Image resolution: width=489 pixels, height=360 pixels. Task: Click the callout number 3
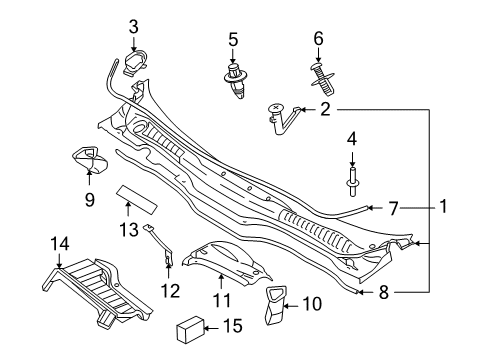coord(133,27)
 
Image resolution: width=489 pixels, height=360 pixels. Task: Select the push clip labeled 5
coord(236,80)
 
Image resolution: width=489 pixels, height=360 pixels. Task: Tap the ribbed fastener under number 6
coord(322,78)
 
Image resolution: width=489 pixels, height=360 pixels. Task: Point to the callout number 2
coord(325,109)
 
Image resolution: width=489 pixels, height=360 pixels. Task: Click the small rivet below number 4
coord(353,183)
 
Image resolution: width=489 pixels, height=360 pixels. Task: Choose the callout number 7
coord(393,208)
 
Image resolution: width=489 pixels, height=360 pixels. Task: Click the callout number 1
coord(443,207)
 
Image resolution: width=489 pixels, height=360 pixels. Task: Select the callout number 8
coord(384,292)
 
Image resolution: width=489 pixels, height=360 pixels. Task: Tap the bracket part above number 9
coord(90,161)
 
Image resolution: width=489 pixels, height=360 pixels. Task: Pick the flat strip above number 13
coord(137,200)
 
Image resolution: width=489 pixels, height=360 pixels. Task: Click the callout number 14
coord(60,244)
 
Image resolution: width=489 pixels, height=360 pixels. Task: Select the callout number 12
coord(170,291)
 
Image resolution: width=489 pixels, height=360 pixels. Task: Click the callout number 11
coord(222,300)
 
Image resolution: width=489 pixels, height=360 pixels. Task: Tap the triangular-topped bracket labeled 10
coord(276,305)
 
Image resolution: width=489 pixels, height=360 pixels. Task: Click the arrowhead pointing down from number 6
coord(318,60)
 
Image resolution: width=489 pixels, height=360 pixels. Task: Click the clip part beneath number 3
coord(135,63)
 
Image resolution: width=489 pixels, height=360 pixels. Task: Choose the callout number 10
coord(313,304)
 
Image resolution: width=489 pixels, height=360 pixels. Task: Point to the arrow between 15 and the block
coord(211,328)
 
